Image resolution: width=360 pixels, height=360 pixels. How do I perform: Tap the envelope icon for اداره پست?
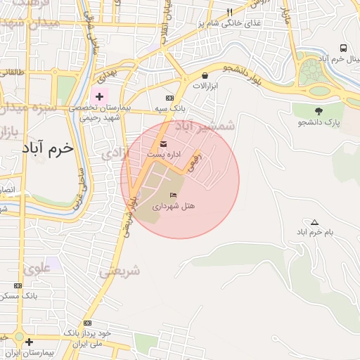click(x=164, y=144)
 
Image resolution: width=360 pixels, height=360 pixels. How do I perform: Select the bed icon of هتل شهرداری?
click(x=173, y=195)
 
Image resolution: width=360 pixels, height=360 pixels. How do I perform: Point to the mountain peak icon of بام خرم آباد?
click(x=314, y=222)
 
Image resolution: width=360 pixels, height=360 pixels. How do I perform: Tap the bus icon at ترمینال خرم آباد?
click(x=343, y=48)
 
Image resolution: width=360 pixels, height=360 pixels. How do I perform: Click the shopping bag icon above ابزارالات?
click(x=205, y=75)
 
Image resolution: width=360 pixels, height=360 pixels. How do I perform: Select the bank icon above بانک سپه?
click(x=169, y=98)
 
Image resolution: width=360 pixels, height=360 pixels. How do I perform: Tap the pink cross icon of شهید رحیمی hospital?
click(x=99, y=96)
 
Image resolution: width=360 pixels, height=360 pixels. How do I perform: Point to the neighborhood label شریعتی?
click(x=119, y=271)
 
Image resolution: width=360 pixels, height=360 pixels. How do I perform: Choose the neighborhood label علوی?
click(x=36, y=267)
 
